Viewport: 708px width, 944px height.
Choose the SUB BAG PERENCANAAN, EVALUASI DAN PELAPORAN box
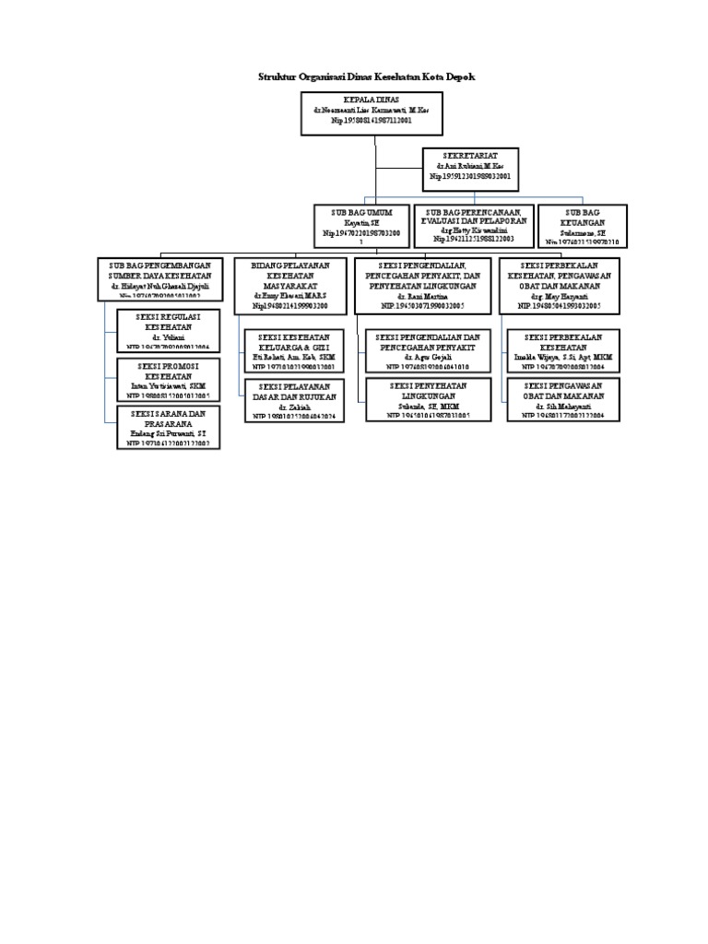pos(473,225)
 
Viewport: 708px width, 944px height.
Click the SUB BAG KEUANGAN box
pos(583,225)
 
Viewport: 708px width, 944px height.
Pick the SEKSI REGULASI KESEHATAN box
pos(169,331)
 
